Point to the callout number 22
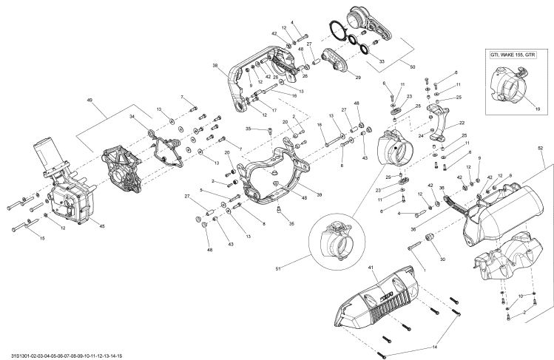click(462, 123)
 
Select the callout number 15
click(41, 238)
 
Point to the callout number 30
click(442, 259)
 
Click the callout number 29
click(358, 77)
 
